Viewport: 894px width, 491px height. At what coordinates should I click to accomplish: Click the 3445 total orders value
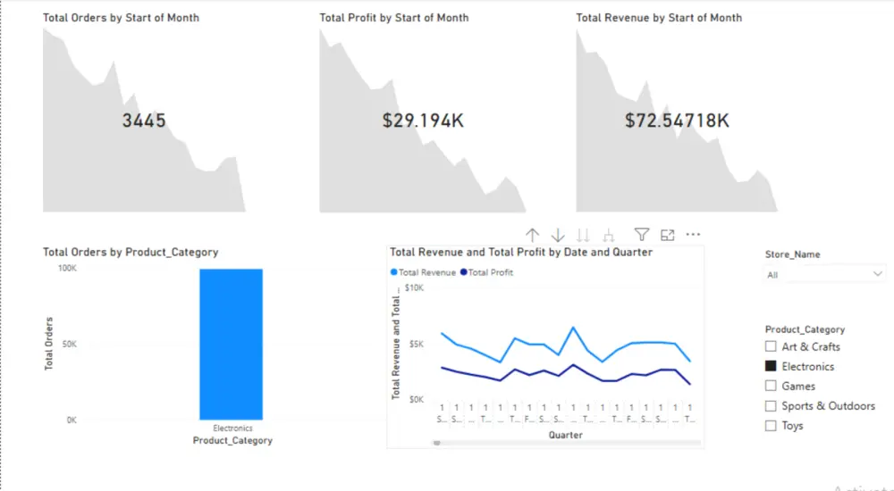pos(144,121)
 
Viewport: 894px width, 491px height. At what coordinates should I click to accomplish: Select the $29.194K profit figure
pos(423,121)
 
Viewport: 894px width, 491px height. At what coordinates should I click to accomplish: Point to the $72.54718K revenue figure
pos(677,121)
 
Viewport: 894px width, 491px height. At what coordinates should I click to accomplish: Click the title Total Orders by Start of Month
pos(121,18)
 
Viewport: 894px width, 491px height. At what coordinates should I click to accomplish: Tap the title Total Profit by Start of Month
pos(394,18)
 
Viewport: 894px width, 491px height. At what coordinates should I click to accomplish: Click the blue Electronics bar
pos(231,344)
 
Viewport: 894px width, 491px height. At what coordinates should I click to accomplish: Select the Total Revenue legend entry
pos(423,272)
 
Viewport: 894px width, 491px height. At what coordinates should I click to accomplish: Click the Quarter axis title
pos(565,436)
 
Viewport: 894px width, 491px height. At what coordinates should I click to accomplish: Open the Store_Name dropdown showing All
pos(824,275)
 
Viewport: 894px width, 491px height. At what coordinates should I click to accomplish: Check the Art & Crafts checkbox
pos(771,346)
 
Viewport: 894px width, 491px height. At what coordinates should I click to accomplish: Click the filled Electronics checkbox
pos(771,366)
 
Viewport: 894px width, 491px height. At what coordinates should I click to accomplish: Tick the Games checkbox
pos(771,386)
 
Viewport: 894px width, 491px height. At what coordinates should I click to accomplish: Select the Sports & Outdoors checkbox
pos(771,405)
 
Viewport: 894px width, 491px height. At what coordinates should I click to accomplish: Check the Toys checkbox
pos(771,425)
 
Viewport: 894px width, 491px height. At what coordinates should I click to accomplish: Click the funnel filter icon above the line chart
pos(641,235)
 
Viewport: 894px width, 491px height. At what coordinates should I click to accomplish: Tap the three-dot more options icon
pos(693,235)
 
